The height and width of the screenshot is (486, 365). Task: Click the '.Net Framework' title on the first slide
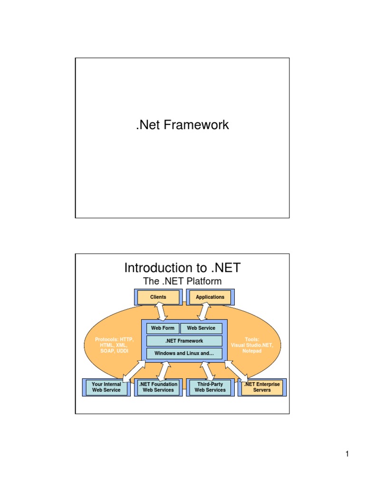[182, 125]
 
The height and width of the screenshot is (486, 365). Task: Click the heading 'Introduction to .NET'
[182, 268]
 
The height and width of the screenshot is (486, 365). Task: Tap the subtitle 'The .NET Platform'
[182, 281]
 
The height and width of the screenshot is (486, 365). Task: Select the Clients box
[158, 297]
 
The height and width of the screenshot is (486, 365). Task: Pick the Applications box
[210, 297]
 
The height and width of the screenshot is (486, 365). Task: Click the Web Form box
[163, 328]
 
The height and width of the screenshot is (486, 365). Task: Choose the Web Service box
[201, 328]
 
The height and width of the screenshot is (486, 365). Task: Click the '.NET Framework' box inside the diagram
[184, 341]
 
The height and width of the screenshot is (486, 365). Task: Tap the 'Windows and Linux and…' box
[184, 354]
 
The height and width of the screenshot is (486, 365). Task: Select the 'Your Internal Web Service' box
[106, 387]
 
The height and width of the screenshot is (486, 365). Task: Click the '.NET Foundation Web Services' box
[158, 387]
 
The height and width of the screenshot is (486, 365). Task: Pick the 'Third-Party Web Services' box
[210, 387]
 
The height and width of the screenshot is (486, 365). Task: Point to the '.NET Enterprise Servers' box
[262, 387]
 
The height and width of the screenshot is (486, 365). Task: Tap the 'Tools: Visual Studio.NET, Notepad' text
[252, 346]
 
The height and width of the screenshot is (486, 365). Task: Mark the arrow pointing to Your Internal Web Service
[134, 370]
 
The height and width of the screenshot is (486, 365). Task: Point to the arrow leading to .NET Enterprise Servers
[236, 371]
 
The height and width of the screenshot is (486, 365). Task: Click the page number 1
[347, 455]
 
